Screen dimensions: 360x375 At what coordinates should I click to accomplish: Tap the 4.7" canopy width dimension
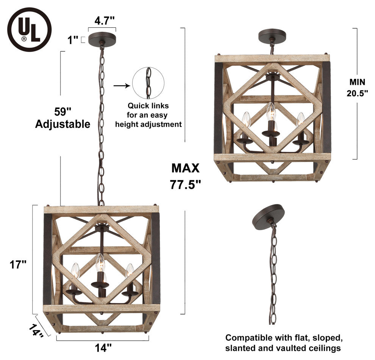102,21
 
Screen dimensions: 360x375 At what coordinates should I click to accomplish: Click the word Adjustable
62,124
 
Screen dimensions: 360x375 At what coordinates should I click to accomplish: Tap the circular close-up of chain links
148,83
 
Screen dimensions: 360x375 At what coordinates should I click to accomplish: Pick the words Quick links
148,106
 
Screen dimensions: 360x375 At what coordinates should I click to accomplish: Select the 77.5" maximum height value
185,184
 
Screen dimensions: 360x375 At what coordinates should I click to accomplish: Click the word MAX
185,168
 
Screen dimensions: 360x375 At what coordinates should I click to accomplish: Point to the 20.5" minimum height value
357,93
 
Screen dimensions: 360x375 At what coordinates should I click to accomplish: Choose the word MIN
357,81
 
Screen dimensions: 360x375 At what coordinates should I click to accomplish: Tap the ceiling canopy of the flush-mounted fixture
272,36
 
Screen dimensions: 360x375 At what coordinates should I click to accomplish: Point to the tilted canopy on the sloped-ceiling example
268,214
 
